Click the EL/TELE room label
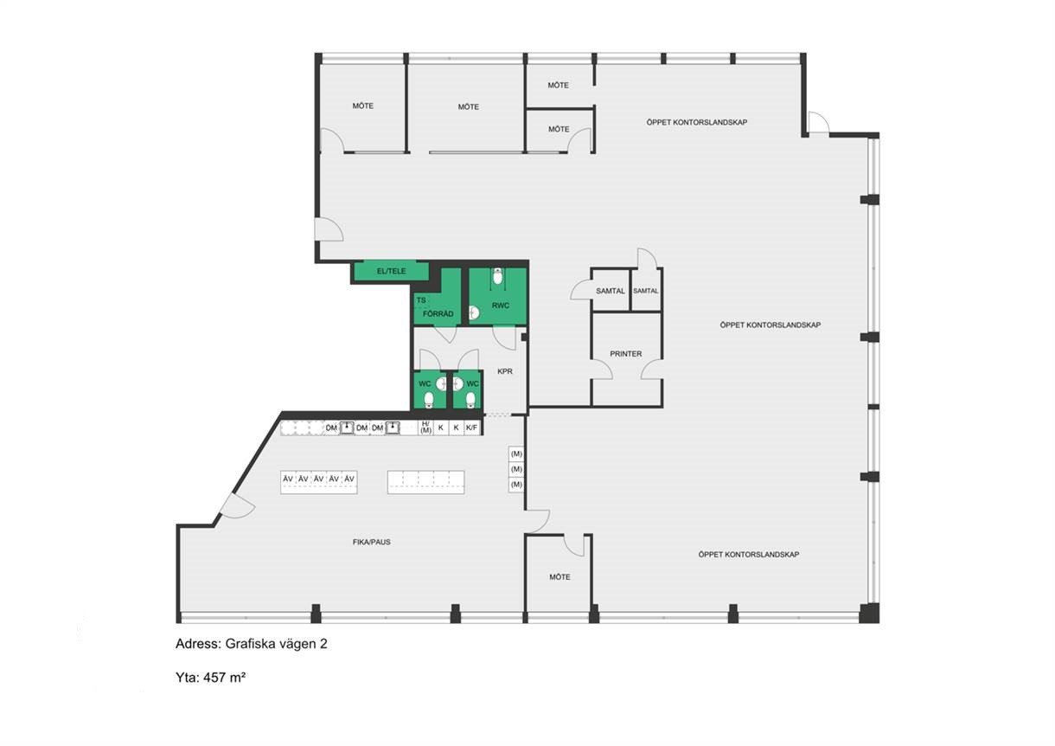point(392,271)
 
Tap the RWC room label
point(500,305)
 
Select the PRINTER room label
point(625,353)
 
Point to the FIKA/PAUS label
point(372,542)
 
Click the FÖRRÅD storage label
point(438,313)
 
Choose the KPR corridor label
point(505,371)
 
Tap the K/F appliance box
point(471,428)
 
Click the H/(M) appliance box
point(425,428)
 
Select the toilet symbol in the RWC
point(497,276)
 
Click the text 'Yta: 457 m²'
point(210,677)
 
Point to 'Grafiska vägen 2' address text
point(276,644)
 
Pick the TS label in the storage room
point(421,300)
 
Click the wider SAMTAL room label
point(611,292)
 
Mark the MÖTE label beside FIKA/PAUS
point(559,577)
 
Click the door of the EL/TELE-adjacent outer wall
point(329,229)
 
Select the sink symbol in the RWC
point(474,312)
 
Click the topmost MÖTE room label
point(558,86)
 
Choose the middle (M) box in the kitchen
point(516,469)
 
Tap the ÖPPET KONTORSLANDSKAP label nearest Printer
point(770,325)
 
